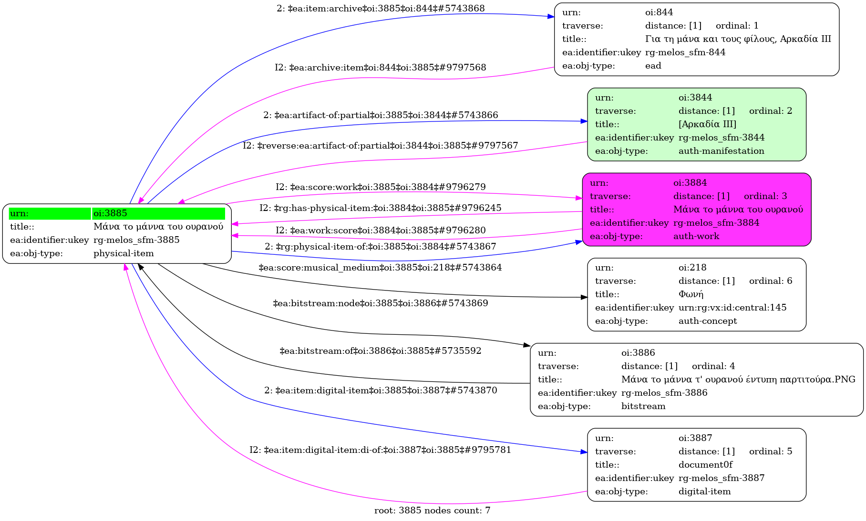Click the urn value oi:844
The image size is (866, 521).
tap(659, 12)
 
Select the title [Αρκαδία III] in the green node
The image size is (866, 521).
tap(707, 124)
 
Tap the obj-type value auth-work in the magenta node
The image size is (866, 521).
tap(696, 236)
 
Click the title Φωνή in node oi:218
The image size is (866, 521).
tap(691, 294)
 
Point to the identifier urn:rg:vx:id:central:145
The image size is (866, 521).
tap(732, 308)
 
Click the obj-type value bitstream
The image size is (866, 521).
tap(643, 406)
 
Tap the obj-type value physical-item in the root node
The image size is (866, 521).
tap(124, 253)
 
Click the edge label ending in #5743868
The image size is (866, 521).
tap(381, 9)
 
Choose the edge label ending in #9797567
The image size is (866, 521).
tap(380, 146)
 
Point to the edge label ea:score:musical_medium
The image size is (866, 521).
tap(380, 268)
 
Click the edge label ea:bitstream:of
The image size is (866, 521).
tap(380, 351)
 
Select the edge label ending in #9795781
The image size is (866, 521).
tap(380, 450)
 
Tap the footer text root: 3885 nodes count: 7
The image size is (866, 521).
tap(432, 511)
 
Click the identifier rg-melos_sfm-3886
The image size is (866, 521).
tap(664, 393)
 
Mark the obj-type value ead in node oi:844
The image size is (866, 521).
tap(653, 66)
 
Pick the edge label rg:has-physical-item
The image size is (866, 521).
tap(380, 208)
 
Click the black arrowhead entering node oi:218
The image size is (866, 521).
tap(584, 297)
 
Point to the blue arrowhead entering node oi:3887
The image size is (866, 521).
tap(584, 451)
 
